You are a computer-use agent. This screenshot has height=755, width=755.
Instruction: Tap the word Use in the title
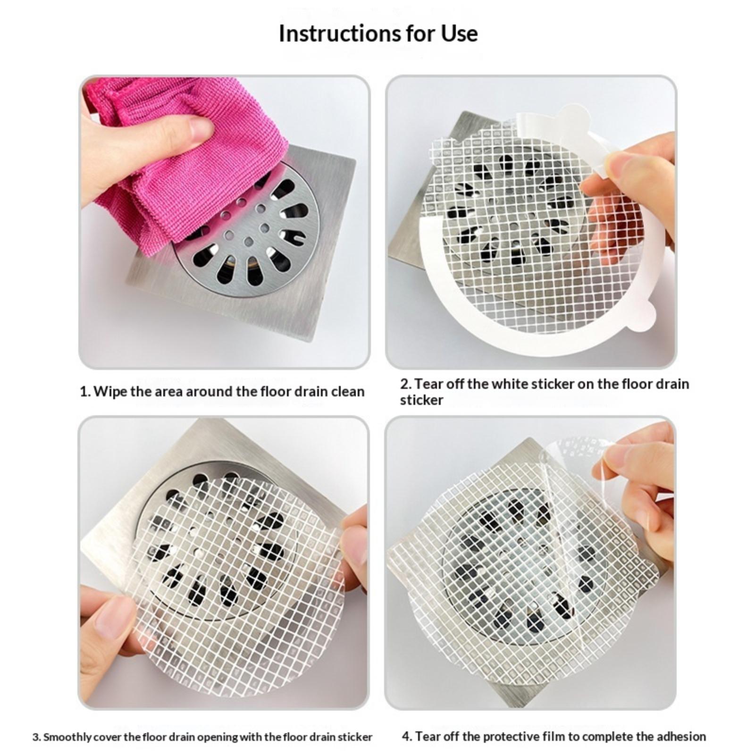pyautogui.click(x=459, y=34)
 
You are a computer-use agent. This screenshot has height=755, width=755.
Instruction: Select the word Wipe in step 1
pyautogui.click(x=110, y=392)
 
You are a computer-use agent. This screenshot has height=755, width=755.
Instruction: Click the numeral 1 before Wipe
pyautogui.click(x=84, y=392)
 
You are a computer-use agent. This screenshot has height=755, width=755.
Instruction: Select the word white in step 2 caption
pyautogui.click(x=510, y=384)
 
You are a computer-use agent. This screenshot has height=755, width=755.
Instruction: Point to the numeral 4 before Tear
pyautogui.click(x=406, y=737)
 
